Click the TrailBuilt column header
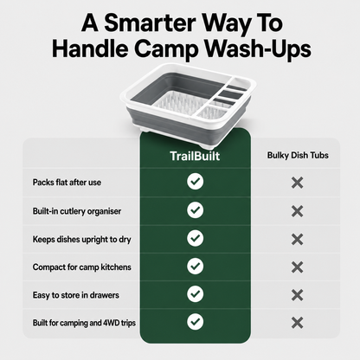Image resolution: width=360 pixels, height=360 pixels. pyautogui.click(x=195, y=156)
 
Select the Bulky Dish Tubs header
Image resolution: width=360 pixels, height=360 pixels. pyautogui.click(x=298, y=155)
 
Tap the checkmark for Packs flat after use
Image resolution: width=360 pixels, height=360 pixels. pyautogui.click(x=196, y=182)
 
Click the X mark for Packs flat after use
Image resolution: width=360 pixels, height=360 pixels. pyautogui.click(x=297, y=183)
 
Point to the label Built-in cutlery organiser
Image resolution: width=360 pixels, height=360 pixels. pyautogui.click(x=77, y=211)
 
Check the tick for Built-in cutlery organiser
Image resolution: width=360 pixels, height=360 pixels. pyautogui.click(x=196, y=210)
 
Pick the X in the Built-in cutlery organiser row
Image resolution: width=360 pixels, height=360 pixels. pyautogui.click(x=297, y=211)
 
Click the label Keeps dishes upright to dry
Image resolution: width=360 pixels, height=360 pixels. pyautogui.click(x=81, y=240)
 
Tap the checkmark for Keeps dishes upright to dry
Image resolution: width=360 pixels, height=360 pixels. pyautogui.click(x=196, y=238)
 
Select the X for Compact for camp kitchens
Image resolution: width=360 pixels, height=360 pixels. pyautogui.click(x=297, y=267)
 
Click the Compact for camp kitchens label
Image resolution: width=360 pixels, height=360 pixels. pyautogui.click(x=81, y=267)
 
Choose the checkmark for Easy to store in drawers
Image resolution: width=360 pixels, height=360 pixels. pyautogui.click(x=196, y=294)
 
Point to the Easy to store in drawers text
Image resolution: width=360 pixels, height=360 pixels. pyautogui.click(x=75, y=295)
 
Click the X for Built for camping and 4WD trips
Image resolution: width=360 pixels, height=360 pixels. pyautogui.click(x=297, y=323)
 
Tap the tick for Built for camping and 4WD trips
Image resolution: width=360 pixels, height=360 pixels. pyautogui.click(x=196, y=322)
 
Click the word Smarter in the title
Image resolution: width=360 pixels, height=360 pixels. pyautogui.click(x=150, y=22)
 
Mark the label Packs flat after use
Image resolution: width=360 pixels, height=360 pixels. pyautogui.click(x=67, y=183)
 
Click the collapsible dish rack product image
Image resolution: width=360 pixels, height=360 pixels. pyautogui.click(x=188, y=100)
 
